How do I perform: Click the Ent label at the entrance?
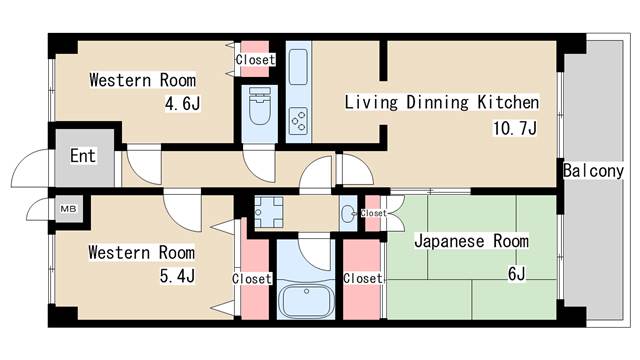[x=82, y=156]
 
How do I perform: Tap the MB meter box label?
[x=68, y=209]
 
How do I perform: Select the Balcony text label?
[x=593, y=170]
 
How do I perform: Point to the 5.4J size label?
[x=177, y=275]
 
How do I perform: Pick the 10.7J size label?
[x=516, y=128]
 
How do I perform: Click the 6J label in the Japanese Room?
[x=516, y=273]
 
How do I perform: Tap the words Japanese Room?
[x=471, y=241]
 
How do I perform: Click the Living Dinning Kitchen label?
[x=442, y=102]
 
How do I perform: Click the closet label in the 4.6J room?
[x=255, y=59]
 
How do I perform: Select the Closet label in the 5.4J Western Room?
[x=251, y=279]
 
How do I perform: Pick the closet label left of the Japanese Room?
[x=362, y=279]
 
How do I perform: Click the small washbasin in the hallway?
[x=348, y=213]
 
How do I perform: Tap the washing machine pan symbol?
[x=269, y=213]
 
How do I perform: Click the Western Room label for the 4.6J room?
[x=142, y=80]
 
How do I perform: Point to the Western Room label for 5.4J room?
[x=141, y=252]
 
